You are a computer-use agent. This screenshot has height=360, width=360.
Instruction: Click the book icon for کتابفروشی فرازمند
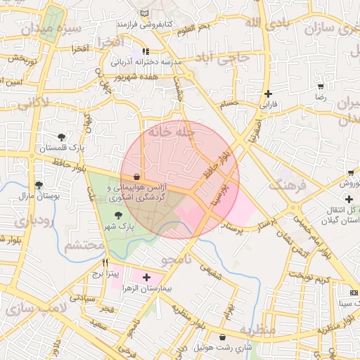point(145,14)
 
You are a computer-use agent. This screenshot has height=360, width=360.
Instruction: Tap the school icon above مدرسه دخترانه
point(146,51)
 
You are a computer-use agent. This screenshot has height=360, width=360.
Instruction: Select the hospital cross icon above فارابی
point(268,94)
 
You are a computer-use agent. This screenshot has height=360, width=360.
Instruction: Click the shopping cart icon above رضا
point(321,86)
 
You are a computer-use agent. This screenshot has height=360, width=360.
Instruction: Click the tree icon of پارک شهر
point(117,215)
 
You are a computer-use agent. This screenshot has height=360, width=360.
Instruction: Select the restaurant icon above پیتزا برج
point(105,262)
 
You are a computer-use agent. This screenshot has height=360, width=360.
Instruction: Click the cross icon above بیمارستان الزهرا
point(146,278)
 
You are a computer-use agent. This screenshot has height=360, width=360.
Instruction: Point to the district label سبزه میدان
point(51,30)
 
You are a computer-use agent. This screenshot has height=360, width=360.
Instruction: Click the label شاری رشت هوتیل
point(223,348)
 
